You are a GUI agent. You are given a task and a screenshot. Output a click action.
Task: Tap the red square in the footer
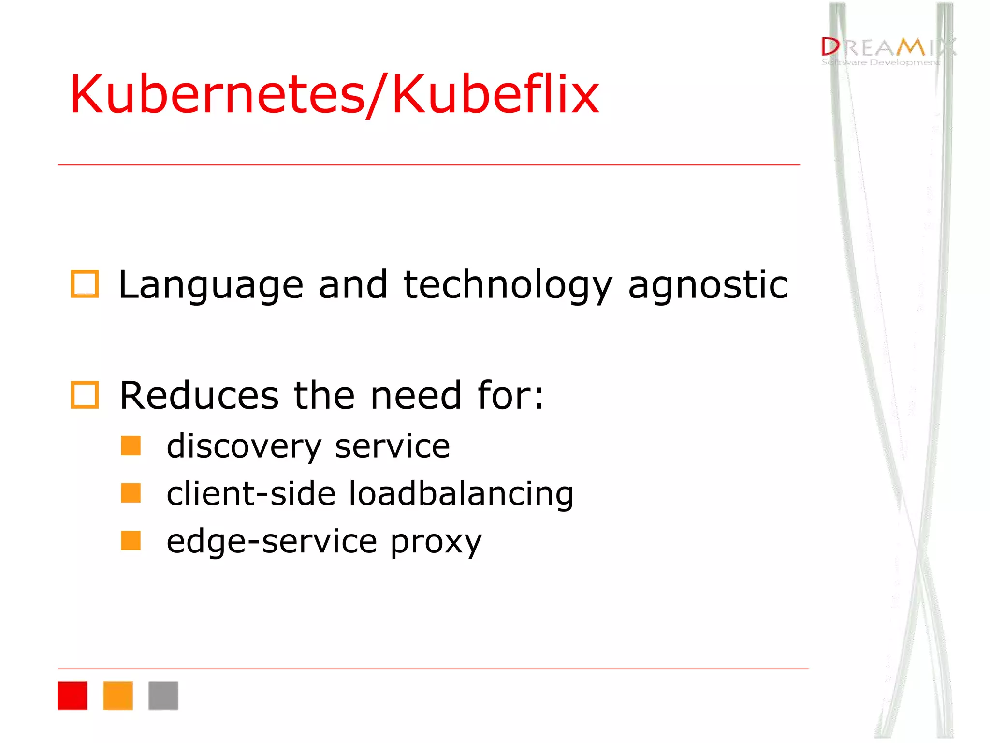(x=73, y=696)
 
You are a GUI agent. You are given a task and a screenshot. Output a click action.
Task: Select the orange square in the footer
(x=118, y=696)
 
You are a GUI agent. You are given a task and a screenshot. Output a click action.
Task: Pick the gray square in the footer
(x=163, y=696)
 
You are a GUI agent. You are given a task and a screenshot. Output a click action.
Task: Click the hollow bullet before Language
(x=85, y=284)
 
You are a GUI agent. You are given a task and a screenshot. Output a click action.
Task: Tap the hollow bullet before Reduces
(x=85, y=395)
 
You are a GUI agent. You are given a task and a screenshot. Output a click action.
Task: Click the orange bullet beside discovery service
(x=131, y=446)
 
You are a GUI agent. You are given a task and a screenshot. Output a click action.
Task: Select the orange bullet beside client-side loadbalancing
(x=131, y=493)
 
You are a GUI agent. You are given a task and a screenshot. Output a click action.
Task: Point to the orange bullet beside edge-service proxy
(x=131, y=541)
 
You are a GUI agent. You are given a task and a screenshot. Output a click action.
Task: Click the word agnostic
(x=708, y=285)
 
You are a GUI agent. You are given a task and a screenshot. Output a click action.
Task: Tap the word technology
(x=508, y=285)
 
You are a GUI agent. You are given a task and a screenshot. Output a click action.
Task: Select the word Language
(x=211, y=285)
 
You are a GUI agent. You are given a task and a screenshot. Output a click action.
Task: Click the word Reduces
(x=199, y=395)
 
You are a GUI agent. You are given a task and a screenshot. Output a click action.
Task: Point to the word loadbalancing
(x=461, y=493)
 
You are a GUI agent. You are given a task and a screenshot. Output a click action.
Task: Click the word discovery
(x=244, y=446)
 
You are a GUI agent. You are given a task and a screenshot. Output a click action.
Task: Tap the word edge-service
(x=272, y=542)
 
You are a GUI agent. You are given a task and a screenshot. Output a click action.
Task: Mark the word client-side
(x=251, y=493)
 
